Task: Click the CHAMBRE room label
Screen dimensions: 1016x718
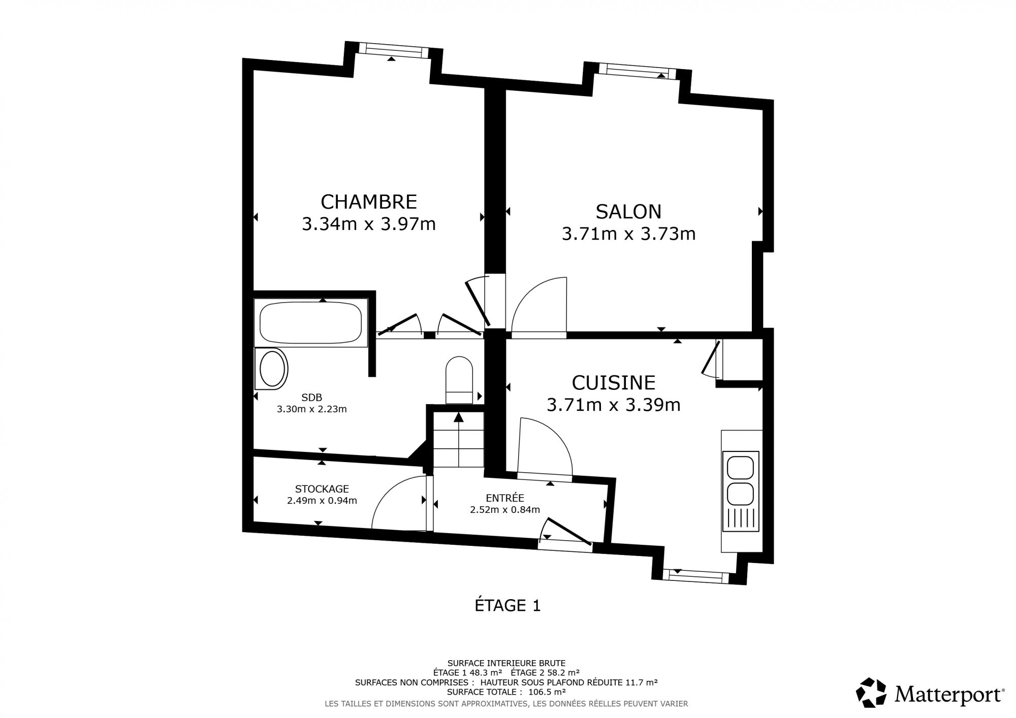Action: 369,202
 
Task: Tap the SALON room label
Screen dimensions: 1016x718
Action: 628,211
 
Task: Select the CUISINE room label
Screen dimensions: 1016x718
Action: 614,382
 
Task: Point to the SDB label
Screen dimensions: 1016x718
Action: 311,398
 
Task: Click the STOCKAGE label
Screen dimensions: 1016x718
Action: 322,489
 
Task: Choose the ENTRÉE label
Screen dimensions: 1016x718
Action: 504,498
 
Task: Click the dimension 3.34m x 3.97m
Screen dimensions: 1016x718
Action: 369,224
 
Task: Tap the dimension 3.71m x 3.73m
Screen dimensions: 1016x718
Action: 628,234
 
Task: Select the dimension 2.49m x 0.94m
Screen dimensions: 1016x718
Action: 322,501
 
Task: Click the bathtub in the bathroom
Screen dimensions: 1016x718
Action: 310,323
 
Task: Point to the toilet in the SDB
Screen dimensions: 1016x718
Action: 459,380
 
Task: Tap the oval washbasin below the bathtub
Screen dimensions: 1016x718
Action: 273,369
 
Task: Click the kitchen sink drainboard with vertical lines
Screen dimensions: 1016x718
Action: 742,518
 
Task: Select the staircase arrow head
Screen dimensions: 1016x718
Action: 459,417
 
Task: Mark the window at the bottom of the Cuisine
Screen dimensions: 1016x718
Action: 695,576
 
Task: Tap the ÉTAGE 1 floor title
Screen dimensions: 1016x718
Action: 507,605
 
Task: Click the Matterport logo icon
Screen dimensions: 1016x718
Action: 871,693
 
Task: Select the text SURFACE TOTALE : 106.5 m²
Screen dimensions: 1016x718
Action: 506,692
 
